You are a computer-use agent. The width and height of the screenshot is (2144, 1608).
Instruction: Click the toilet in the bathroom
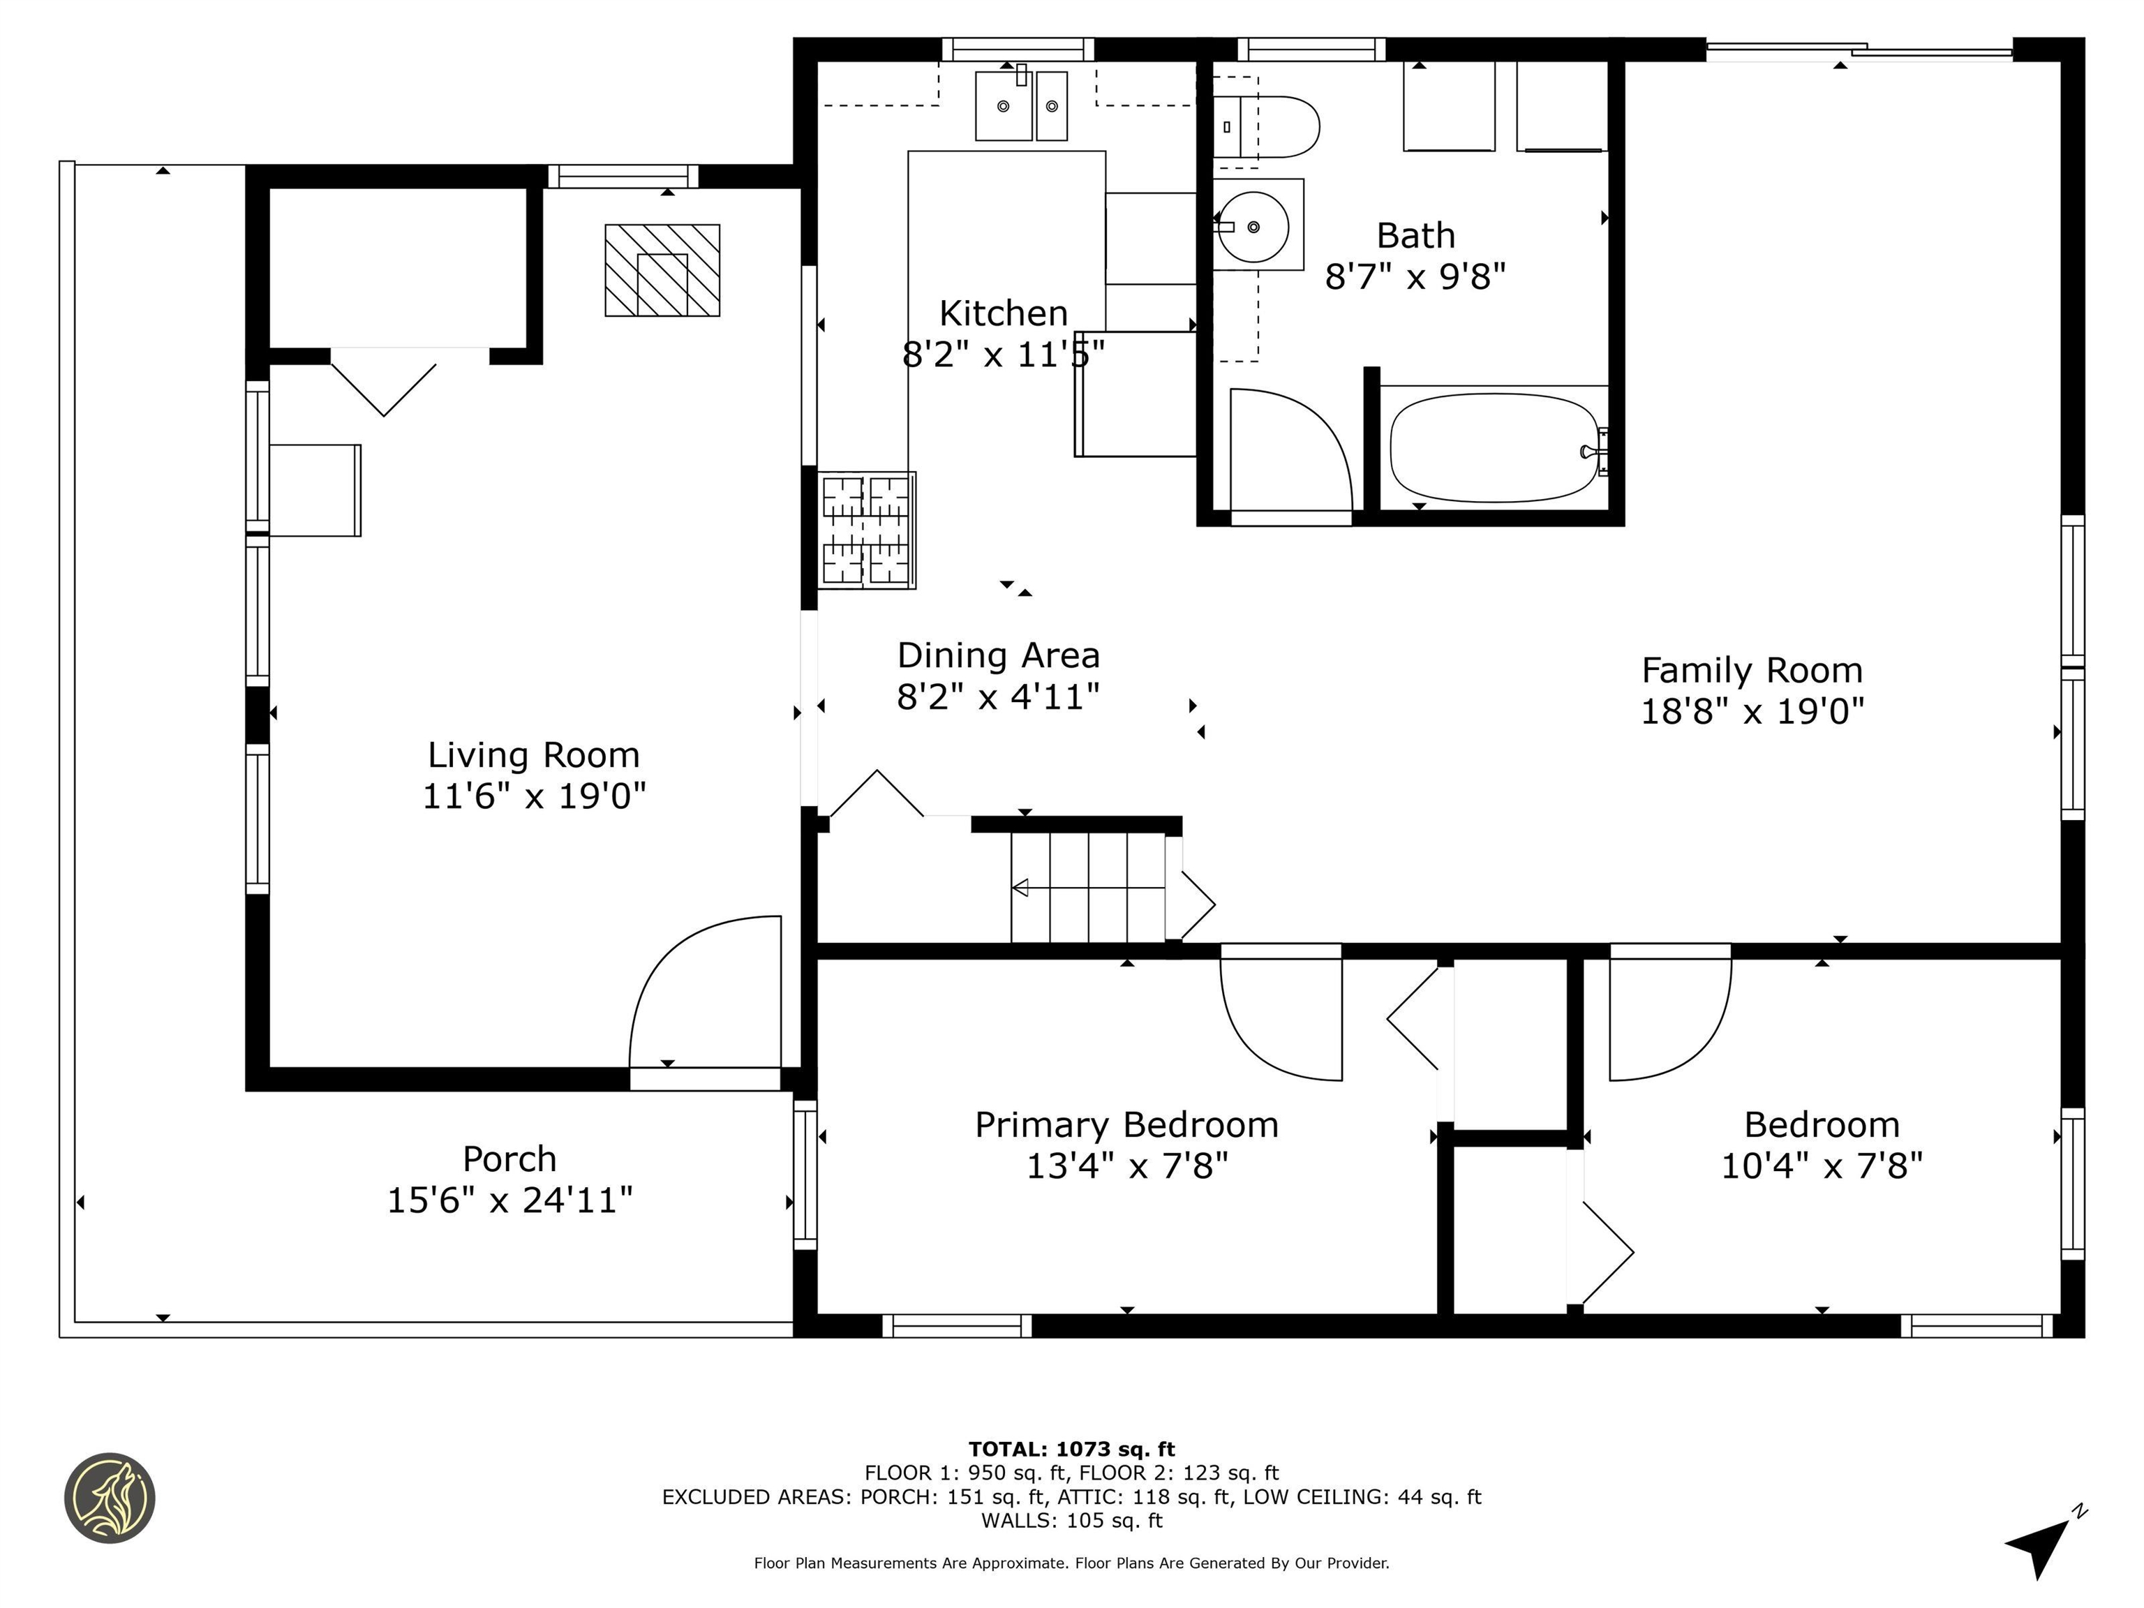[x=1270, y=127]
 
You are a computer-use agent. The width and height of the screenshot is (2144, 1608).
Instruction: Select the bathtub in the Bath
[x=1493, y=448]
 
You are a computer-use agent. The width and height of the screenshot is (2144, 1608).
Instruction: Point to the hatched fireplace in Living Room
[x=662, y=270]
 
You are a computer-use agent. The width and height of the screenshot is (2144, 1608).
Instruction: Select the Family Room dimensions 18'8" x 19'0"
[x=1752, y=711]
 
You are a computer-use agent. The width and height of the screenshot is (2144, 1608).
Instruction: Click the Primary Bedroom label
[x=1126, y=1124]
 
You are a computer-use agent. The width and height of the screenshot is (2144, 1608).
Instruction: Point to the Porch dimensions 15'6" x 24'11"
[x=510, y=1200]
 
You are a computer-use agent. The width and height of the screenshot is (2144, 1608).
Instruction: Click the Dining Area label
[x=998, y=655]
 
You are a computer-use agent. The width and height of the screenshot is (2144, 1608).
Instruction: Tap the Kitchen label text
[x=1003, y=313]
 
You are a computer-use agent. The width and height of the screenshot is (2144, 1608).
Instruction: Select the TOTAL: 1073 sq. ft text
[x=1071, y=1449]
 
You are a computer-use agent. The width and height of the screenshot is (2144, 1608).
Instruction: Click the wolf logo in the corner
[x=110, y=1498]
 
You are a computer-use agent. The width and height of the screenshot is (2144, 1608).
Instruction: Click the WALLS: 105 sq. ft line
[x=1071, y=1520]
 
